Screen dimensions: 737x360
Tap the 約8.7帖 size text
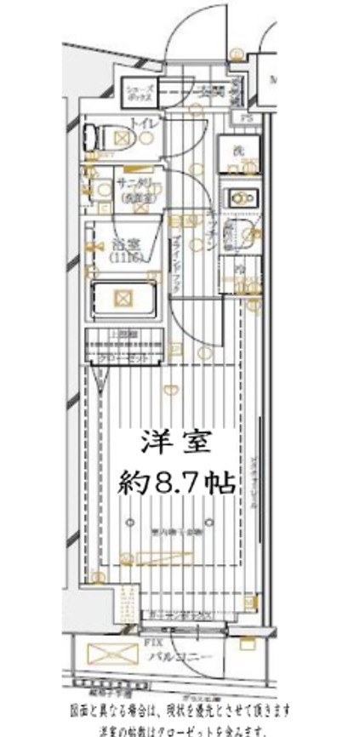pos(176,483)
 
